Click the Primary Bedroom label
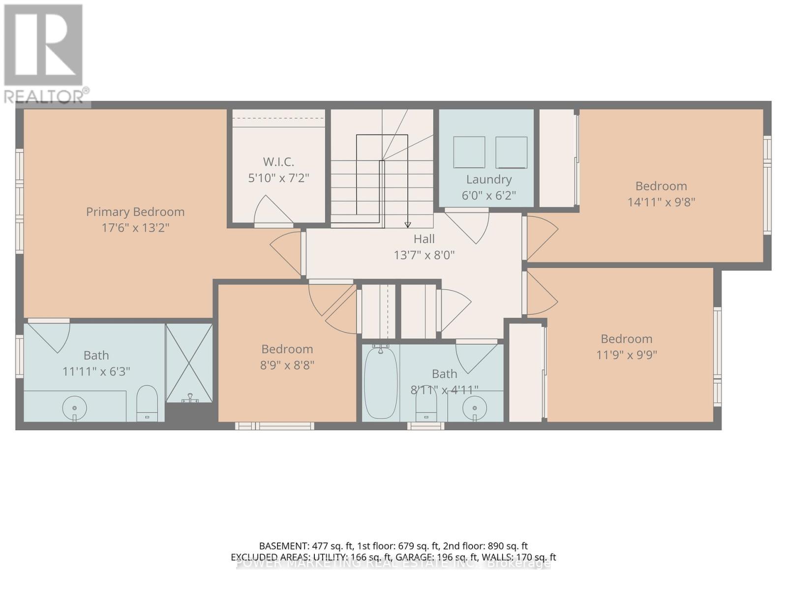(135, 212)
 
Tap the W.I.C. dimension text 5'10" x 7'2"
(278, 177)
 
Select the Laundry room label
(488, 179)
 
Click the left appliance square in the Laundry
(469, 152)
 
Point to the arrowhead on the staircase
(407, 225)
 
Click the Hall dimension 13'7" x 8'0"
(424, 255)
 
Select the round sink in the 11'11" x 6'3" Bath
(75, 408)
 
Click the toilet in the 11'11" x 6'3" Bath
(147, 402)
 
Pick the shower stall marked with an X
(189, 362)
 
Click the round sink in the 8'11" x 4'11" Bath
(475, 408)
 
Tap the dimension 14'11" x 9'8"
(661, 202)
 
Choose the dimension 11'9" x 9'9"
(626, 354)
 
